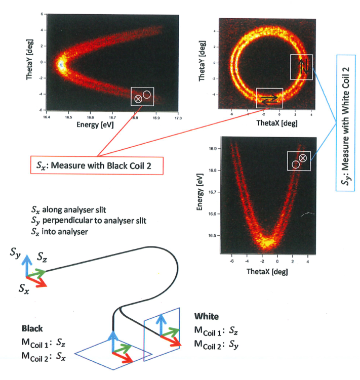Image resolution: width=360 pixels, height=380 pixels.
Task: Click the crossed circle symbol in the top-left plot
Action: coord(138,98)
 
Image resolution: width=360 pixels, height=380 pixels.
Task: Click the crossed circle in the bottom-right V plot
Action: coord(303,158)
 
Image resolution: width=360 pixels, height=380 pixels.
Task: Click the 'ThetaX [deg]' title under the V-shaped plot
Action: coord(261,273)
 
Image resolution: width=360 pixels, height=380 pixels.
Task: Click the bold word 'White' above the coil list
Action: coord(206,316)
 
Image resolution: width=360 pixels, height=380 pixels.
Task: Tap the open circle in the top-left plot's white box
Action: coord(147,94)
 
